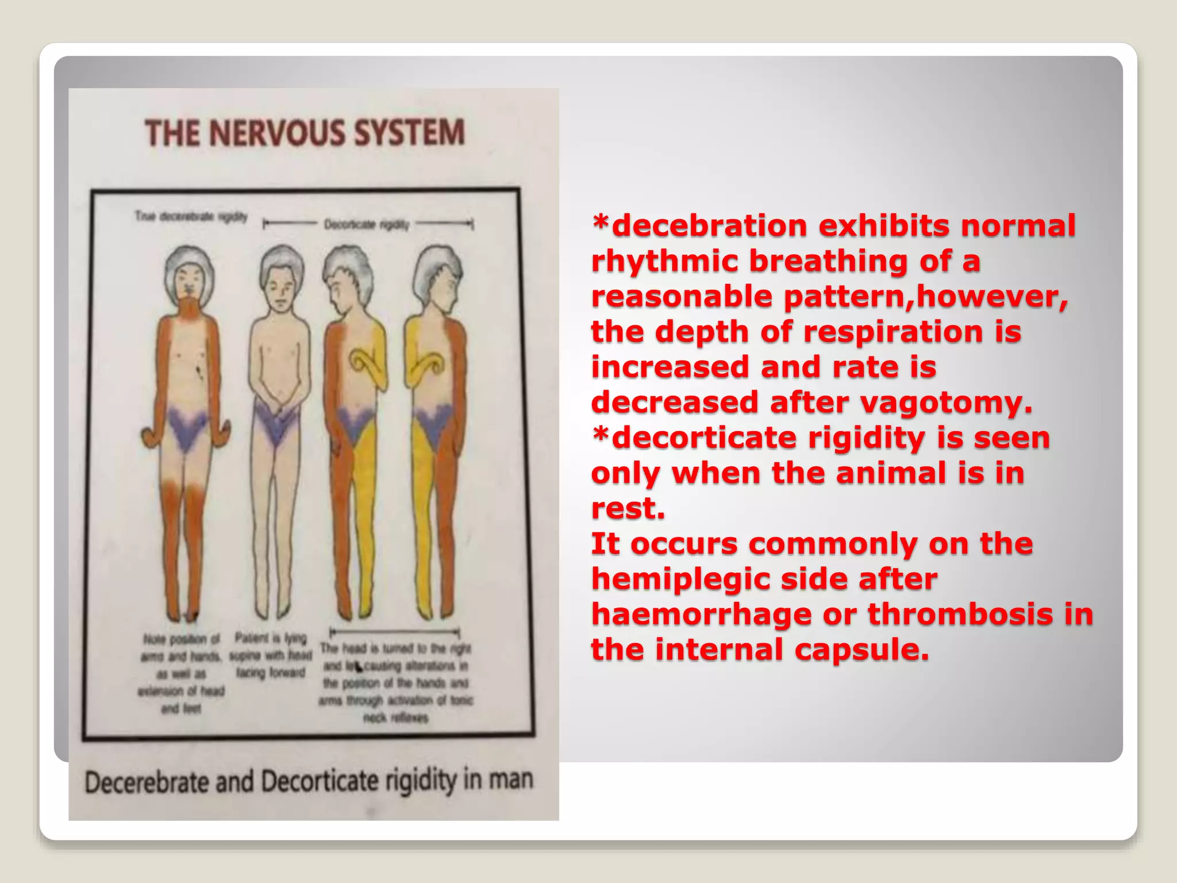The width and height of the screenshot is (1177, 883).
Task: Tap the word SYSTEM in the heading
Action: click(x=409, y=133)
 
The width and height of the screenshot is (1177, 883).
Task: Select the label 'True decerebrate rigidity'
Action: click(x=191, y=217)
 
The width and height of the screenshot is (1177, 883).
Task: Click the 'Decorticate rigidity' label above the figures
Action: click(x=367, y=224)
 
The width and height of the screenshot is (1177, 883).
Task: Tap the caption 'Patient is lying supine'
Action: click(x=271, y=655)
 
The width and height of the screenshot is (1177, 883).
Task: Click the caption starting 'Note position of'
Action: click(x=181, y=673)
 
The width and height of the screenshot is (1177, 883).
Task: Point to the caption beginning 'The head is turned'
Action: click(x=395, y=682)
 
